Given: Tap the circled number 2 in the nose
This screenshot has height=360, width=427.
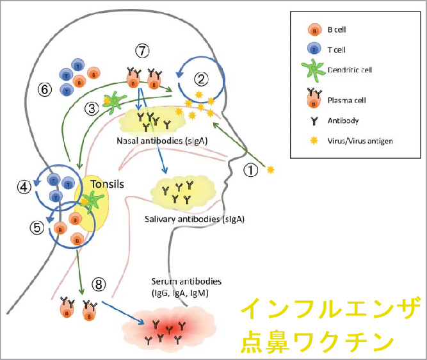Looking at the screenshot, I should point(202,79).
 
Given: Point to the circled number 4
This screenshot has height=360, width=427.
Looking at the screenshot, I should point(24,187).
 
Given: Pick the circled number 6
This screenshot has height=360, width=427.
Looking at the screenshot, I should point(44,90).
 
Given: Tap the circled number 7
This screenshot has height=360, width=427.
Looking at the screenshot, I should point(142,50).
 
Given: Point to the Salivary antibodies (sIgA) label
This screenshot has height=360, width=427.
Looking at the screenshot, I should point(191,219).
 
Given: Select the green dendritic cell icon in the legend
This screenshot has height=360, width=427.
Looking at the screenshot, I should point(313,70).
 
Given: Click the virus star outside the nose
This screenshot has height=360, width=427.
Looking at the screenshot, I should point(271,170).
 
